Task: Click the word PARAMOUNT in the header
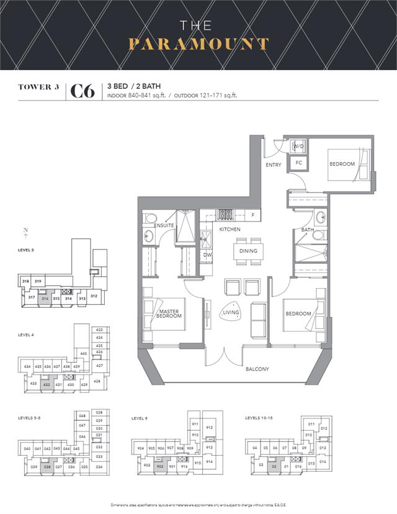[x=198, y=45]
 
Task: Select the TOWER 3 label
[x=38, y=88]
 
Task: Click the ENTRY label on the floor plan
[x=273, y=165]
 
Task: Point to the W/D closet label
[x=298, y=147]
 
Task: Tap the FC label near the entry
[x=298, y=163]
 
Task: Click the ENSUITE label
[x=164, y=225]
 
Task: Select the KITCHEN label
[x=230, y=230]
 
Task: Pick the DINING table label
[x=248, y=251]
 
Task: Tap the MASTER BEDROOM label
[x=169, y=314]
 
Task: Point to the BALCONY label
[x=257, y=369]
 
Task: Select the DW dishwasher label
[x=207, y=255]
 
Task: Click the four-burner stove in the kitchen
[x=225, y=215]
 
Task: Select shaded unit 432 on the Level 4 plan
[x=47, y=385]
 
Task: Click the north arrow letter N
[x=25, y=231]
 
